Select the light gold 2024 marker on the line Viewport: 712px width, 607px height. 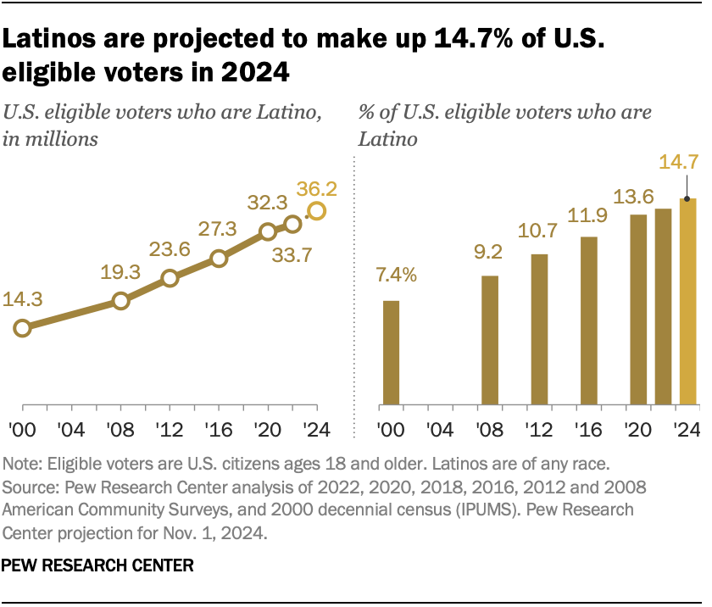coord(316,211)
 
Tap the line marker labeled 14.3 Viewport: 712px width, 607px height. coord(22,328)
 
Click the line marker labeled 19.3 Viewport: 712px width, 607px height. coord(120,301)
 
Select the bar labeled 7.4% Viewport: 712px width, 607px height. coord(391,353)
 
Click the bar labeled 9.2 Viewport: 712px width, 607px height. coord(489,340)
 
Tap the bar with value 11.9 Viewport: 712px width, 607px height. coord(588,320)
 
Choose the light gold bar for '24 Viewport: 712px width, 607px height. coord(687,301)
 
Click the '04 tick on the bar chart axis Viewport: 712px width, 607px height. coord(440,426)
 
